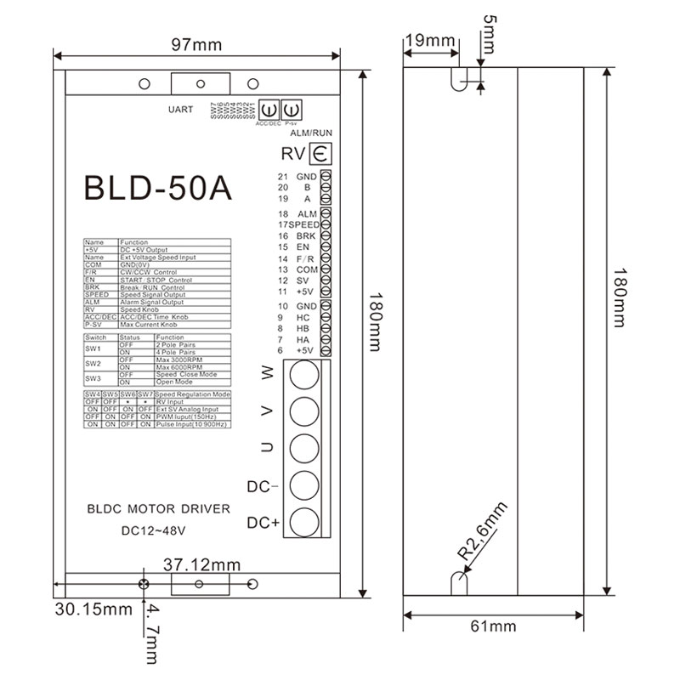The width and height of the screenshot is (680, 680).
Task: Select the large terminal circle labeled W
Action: pyautogui.click(x=304, y=374)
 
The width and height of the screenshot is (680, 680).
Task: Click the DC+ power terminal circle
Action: pyautogui.click(x=304, y=521)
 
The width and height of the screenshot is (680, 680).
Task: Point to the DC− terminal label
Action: pyautogui.click(x=263, y=487)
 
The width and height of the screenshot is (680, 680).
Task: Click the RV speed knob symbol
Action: pyautogui.click(x=320, y=155)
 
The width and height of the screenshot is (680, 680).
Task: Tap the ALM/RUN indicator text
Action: pyautogui.click(x=311, y=134)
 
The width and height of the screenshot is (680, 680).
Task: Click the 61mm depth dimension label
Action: pyautogui.click(x=493, y=626)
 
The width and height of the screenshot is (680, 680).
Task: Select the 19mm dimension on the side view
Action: pyautogui.click(x=429, y=41)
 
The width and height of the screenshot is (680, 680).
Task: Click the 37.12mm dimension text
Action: pyautogui.click(x=201, y=564)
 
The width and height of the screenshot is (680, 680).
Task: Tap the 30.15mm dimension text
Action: pyautogui.click(x=93, y=609)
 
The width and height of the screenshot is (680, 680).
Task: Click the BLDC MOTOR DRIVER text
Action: pyautogui.click(x=159, y=509)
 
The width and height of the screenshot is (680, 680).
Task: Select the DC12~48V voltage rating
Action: pyautogui.click(x=149, y=531)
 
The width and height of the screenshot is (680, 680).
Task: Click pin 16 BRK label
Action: pyautogui.click(x=299, y=235)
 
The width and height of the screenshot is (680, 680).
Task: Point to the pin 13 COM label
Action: pyautogui.click(x=299, y=269)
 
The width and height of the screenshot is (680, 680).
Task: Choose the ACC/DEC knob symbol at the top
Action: pyautogui.click(x=267, y=109)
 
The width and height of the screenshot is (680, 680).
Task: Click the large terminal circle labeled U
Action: pyautogui.click(x=304, y=448)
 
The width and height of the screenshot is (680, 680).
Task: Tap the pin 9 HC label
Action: pyautogui.click(x=299, y=317)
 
